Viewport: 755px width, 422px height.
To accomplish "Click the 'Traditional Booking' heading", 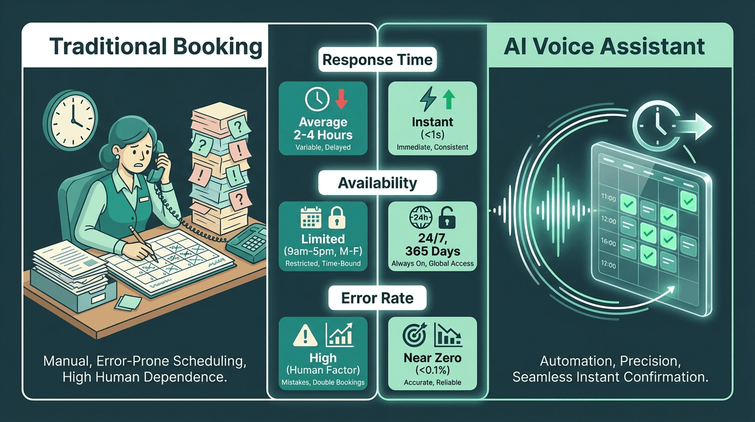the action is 156,47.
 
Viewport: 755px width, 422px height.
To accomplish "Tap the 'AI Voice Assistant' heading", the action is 604,47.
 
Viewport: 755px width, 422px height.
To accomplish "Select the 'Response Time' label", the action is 377,60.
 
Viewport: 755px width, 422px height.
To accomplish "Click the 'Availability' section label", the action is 377,183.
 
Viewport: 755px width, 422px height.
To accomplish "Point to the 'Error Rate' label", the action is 377,298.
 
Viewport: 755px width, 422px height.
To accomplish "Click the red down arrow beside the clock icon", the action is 341,99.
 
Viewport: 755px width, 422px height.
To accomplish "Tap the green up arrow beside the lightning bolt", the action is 449,99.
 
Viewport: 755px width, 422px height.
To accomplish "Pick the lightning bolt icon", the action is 427,99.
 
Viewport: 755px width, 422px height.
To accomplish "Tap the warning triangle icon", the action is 305,335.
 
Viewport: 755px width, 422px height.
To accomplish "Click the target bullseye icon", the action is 414,335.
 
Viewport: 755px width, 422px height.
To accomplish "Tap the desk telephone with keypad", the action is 245,242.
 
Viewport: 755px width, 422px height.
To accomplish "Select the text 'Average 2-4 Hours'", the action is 323,129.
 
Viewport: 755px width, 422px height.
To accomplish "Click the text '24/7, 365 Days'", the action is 432,245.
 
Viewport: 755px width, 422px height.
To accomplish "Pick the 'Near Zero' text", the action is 432,358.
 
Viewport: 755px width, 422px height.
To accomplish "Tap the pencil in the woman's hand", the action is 140,240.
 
